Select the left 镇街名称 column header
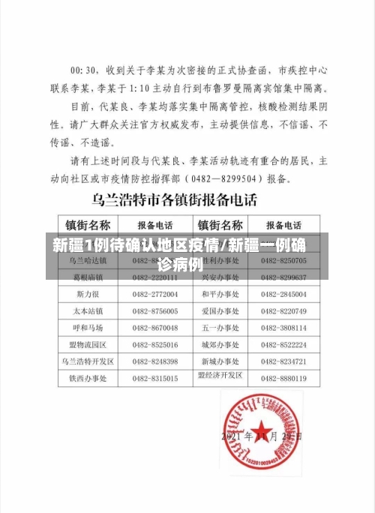pyautogui.click(x=89, y=225)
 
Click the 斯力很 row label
pyautogui.click(x=88, y=292)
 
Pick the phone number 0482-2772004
pyautogui.click(x=155, y=292)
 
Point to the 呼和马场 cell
pyautogui.click(x=88, y=327)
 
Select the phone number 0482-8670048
pyautogui.click(x=155, y=327)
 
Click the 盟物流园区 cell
pyautogui.click(x=88, y=344)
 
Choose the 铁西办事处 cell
pyautogui.click(x=88, y=378)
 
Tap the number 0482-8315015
pyautogui.click(x=155, y=378)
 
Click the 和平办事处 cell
pyautogui.click(x=220, y=292)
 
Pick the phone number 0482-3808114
pyautogui.click(x=283, y=327)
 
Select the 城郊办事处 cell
pyautogui.click(x=220, y=344)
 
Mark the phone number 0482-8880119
pyautogui.click(x=283, y=378)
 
